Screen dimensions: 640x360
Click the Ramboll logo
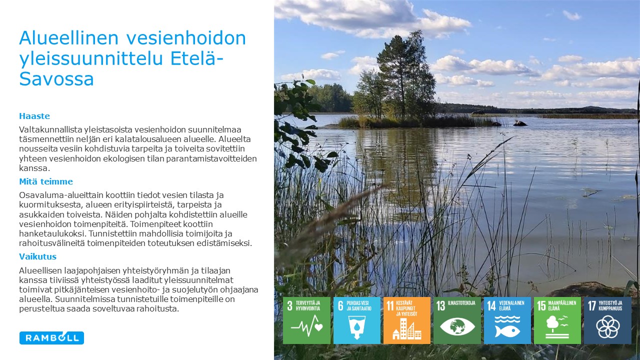tap(51, 338)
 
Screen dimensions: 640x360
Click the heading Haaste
tap(34, 116)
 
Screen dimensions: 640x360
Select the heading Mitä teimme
tap(46, 181)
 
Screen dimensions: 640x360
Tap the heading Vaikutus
tap(37, 256)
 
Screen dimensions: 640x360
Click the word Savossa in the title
tap(56, 79)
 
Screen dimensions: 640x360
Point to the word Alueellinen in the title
tap(68, 38)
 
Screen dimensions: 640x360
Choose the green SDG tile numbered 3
tap(306, 320)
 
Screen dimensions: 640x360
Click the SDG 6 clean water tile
tap(357, 320)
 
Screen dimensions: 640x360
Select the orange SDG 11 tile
tap(407, 320)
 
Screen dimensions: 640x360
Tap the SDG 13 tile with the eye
tap(457, 320)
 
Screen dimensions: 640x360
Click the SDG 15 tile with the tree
tap(557, 320)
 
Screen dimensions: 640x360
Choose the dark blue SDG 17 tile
tap(607, 320)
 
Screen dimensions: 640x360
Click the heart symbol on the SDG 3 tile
tap(318, 326)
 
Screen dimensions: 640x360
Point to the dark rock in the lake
tap(520, 123)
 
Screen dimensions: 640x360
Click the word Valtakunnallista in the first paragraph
tap(50, 129)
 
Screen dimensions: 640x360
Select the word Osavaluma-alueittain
tap(61, 195)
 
